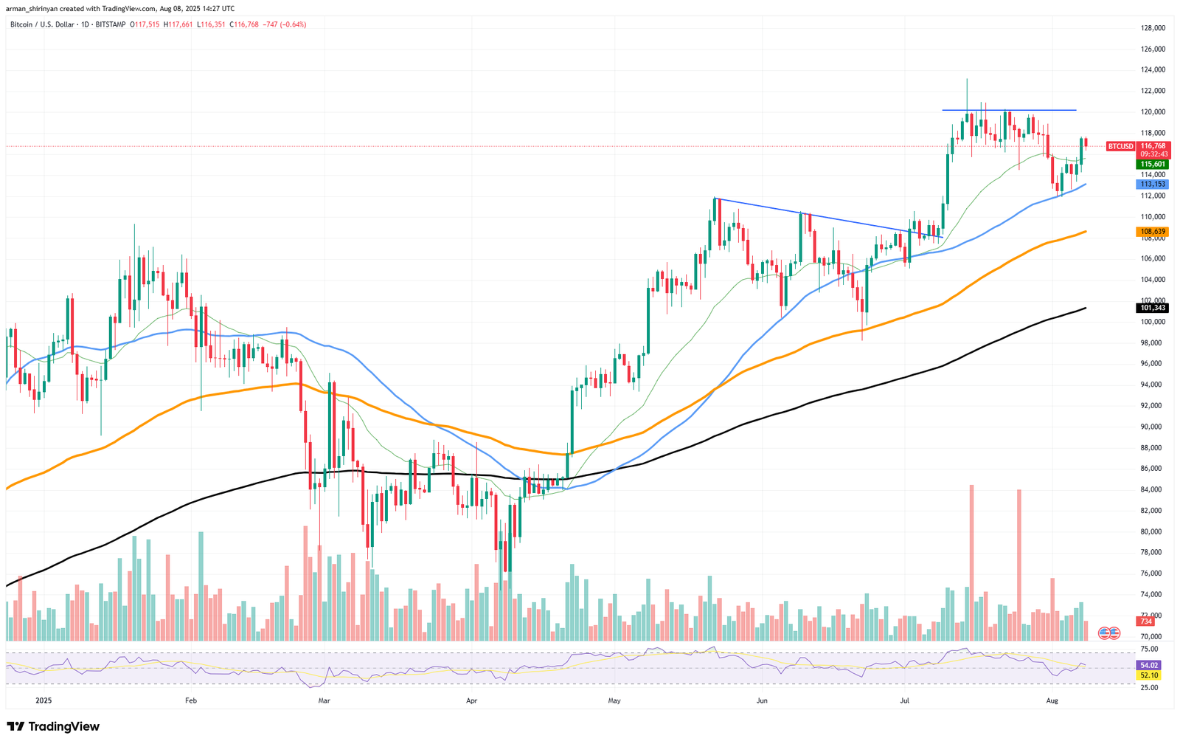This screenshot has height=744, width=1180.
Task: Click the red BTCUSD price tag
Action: coord(1121,146)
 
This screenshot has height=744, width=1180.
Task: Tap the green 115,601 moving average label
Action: coord(1153,164)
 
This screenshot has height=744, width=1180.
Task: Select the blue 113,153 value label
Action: coord(1153,184)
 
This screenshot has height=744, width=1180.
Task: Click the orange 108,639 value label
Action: coord(1153,231)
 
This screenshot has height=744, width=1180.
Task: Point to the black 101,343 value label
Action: coord(1153,307)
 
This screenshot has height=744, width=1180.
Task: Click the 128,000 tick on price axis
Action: coord(1153,28)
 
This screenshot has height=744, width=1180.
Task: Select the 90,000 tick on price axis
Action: coord(1153,427)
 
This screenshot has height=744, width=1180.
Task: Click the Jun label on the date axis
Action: coord(762,700)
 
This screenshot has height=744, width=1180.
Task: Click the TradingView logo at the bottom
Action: coord(53,727)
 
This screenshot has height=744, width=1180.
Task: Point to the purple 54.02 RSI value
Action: coord(1150,665)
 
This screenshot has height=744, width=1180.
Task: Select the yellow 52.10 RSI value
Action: coord(1150,675)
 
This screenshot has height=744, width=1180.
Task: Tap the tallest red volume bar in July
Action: coord(972,561)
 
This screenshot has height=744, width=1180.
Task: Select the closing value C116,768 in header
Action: coord(244,24)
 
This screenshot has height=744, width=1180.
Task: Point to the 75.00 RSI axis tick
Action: coord(1149,649)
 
